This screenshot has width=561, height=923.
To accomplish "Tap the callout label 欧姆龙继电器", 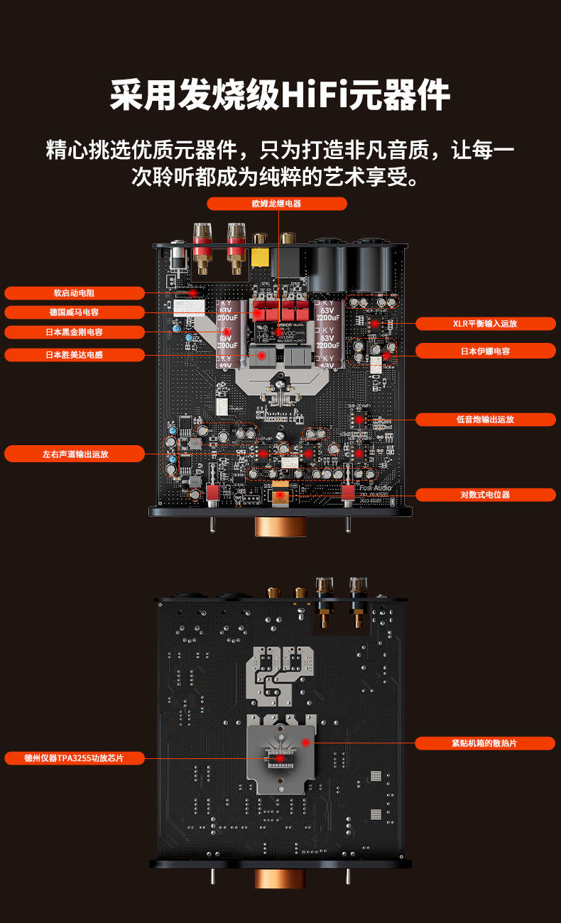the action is pos(277,204).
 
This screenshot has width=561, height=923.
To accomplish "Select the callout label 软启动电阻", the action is pos(75,293).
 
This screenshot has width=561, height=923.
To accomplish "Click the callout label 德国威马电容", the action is pos(75,312).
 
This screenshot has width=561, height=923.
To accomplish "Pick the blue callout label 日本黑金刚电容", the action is pos(75,332).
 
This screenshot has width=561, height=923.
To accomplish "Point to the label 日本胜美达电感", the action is pos(75,354).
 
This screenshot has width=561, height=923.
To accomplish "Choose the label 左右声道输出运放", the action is pos(75,454).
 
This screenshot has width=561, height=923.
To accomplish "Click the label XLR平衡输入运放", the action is pos(485,324).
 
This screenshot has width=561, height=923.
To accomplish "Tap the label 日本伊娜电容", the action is pos(485,351).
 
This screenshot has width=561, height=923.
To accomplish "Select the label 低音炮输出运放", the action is pos(485,420).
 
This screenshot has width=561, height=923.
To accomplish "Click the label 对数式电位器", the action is pos(485,494).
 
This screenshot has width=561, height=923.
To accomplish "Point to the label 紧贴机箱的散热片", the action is pos(485,743).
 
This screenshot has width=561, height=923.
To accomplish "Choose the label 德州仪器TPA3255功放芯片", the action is pos(75,758).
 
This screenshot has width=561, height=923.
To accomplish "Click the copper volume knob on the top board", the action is pos(280,526).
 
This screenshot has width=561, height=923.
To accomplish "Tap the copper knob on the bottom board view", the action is pos(280,878).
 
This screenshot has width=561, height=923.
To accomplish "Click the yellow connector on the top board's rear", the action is pos(261,257).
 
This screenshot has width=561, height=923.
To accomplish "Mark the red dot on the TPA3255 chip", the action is pos(280,758).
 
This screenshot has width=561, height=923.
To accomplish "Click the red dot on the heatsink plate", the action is pos(305,742).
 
